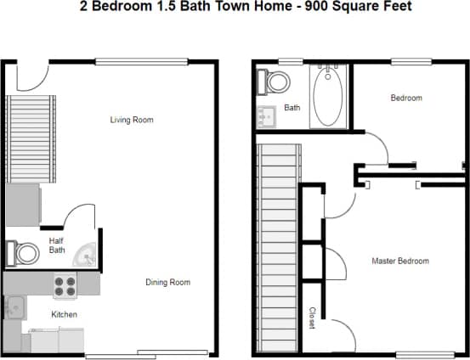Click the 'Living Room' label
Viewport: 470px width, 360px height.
point(132,120)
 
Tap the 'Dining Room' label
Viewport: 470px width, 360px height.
point(167,282)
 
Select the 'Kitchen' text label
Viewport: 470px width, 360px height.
point(64,314)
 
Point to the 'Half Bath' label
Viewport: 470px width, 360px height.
point(57,245)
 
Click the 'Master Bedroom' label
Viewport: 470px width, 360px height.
point(400,261)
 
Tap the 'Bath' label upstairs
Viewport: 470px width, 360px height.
point(292,108)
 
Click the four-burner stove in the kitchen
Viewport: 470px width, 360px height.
point(65,286)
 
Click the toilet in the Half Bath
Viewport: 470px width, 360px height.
point(24,253)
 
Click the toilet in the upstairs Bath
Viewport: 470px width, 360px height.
point(276,82)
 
